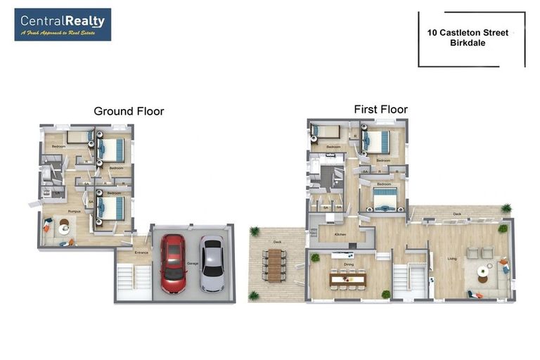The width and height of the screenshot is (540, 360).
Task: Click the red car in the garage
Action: [x=172, y=263]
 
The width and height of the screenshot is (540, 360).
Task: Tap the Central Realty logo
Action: [x=63, y=25]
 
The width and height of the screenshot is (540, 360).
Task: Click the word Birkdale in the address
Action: [x=468, y=43]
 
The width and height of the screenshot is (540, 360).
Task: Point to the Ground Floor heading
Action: [x=129, y=111]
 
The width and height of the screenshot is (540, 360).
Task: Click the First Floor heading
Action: [x=380, y=109]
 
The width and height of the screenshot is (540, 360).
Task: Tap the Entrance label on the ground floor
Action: [x=142, y=252]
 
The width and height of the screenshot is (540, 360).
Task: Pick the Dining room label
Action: [x=349, y=265]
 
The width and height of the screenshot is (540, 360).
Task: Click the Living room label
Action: [x=451, y=259]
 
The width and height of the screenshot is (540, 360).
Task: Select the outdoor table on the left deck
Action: [x=275, y=266]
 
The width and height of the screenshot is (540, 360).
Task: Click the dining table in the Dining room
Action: [x=347, y=279]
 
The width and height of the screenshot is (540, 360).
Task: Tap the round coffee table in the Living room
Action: [x=483, y=271]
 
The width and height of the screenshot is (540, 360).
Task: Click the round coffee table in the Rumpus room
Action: [x=64, y=226]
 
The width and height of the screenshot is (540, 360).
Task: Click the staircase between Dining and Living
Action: [x=410, y=278]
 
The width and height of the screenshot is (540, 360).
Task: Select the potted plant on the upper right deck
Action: [x=506, y=208]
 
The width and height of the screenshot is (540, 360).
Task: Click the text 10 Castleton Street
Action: [x=468, y=32]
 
